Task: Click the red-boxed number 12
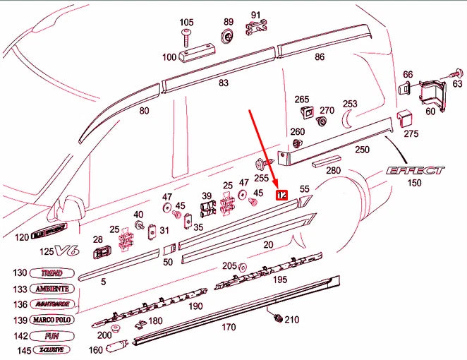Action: point(281,195)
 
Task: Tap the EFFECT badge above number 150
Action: point(415,170)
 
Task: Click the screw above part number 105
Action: point(187,34)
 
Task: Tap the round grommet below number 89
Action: point(227,37)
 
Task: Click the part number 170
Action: point(229,328)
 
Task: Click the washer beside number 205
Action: point(243,267)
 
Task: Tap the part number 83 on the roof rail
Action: point(224,83)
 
